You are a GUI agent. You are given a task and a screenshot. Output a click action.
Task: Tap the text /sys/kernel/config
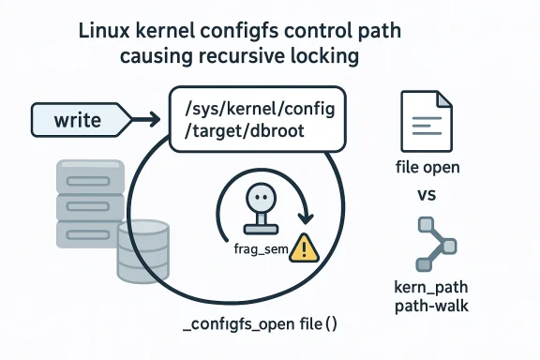[254, 111]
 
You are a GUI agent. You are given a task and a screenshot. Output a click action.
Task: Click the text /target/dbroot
[247, 133]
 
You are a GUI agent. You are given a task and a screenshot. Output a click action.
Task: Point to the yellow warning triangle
[304, 247]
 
